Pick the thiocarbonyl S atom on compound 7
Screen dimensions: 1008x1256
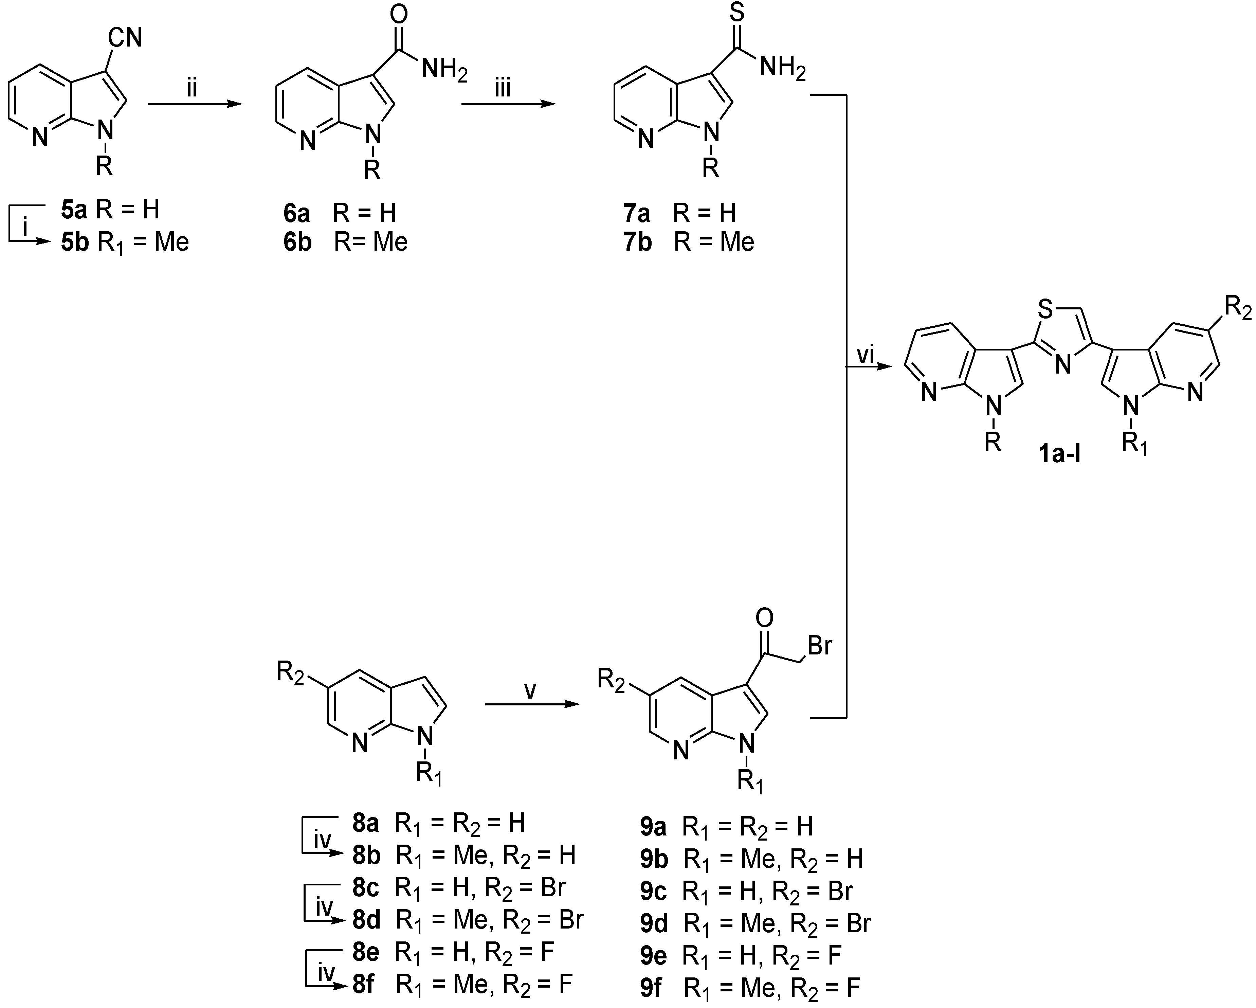coord(736,13)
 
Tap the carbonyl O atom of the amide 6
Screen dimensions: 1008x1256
coord(399,15)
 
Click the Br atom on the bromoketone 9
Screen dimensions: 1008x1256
coord(819,646)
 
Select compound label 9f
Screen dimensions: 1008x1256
coord(652,988)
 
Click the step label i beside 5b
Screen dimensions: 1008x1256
coord(25,229)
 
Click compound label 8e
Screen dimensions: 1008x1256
coord(365,952)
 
